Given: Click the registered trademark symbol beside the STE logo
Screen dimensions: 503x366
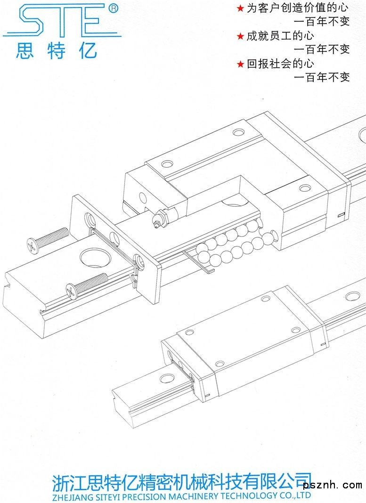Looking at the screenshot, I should pos(113,8).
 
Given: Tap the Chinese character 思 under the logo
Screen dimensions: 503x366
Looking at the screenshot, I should pos(24,50).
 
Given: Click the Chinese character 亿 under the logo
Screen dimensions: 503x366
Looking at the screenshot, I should pos(88,50).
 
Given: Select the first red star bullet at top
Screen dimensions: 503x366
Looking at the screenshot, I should pos(240,8).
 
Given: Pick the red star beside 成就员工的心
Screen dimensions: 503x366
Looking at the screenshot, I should pos(240,36).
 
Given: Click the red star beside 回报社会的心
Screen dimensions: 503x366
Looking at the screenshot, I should pos(240,65).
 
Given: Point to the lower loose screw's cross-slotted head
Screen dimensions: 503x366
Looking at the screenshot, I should pos(71,290).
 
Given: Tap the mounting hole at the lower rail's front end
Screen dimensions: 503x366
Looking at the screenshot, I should pos(167,378).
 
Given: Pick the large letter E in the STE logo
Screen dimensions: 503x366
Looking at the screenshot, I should pos(92,21).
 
